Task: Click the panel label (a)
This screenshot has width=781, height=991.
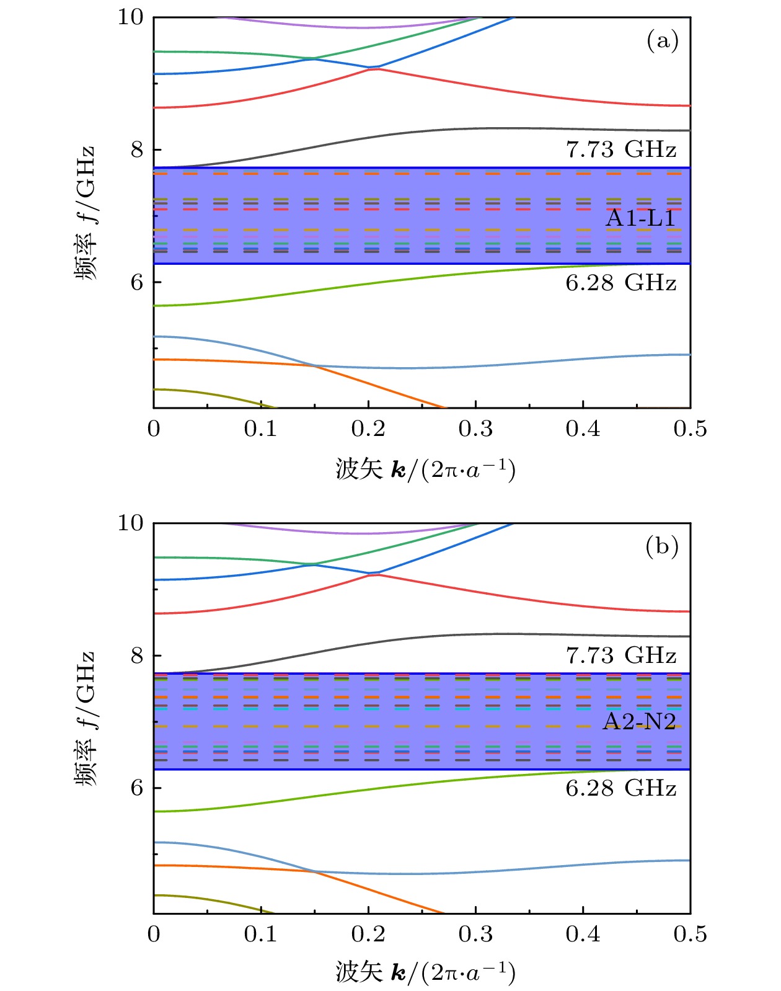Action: pyautogui.click(x=662, y=41)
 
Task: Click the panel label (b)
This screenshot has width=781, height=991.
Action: pyautogui.click(x=662, y=546)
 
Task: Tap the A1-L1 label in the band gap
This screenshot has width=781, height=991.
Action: pyautogui.click(x=641, y=218)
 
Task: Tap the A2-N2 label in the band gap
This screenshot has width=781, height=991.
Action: pyautogui.click(x=640, y=721)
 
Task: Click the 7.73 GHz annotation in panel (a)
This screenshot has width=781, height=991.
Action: pyautogui.click(x=621, y=149)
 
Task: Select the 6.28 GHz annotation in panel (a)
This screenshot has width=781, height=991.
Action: pyautogui.click(x=621, y=282)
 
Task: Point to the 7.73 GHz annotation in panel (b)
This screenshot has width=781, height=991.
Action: pyautogui.click(x=621, y=655)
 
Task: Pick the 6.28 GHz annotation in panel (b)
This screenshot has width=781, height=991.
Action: pyautogui.click(x=621, y=788)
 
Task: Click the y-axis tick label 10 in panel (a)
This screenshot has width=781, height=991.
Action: pyautogui.click(x=131, y=17)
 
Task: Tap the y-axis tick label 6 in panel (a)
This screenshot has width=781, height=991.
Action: pyautogui.click(x=137, y=282)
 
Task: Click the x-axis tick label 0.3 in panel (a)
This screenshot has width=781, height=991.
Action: pyautogui.click(x=475, y=429)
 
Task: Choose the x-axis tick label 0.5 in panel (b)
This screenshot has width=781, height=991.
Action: pyautogui.click(x=690, y=935)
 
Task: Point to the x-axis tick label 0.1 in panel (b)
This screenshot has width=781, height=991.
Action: pyautogui.click(x=260, y=935)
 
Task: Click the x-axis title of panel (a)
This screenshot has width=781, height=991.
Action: pyautogui.click(x=425, y=470)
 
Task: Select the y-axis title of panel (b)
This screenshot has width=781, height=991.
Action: pyautogui.click(x=85, y=719)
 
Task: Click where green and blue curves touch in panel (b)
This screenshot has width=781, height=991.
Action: pyautogui.click(x=314, y=564)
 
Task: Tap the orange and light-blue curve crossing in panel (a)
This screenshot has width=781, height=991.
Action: pyautogui.click(x=314, y=366)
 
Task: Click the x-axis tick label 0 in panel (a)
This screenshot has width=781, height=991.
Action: pyautogui.click(x=154, y=429)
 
